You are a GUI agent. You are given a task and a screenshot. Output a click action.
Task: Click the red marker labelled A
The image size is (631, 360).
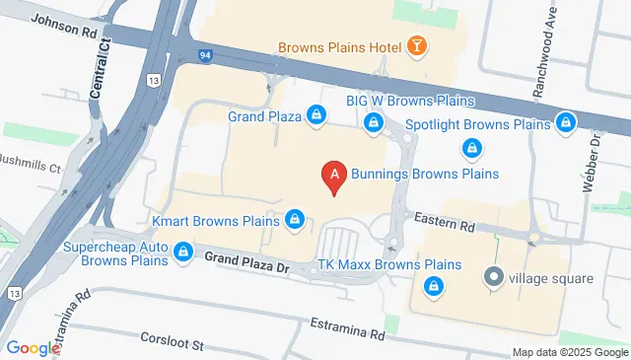pos(334,176)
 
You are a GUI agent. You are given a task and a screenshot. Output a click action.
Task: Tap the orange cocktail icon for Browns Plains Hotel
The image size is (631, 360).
pos(419,46)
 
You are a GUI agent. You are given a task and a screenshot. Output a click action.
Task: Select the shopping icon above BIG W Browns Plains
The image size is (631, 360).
pos(374,122)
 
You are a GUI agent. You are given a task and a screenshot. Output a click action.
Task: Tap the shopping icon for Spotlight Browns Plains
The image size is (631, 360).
pos(565,124)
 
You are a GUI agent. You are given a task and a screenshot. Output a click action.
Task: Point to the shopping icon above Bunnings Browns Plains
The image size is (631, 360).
pos(472,149)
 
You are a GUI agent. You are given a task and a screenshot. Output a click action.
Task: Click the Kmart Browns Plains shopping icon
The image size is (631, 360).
pos(294,218)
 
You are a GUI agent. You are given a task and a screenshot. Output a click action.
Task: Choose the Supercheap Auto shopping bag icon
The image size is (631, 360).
pos(181,253)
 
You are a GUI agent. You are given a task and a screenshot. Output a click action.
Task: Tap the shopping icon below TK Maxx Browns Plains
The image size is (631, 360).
pos(432,286)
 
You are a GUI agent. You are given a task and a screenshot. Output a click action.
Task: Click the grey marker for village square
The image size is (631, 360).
pos(493,278)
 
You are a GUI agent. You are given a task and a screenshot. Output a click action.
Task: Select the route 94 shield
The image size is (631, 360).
pos(204,55)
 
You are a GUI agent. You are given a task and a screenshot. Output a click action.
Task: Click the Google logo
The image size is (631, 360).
pos(33,348)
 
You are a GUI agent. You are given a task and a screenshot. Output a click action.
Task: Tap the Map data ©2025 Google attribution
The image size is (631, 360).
pos(570,352)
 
